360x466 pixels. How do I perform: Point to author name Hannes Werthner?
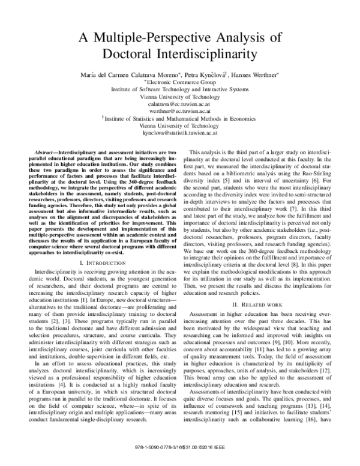coord(251,76)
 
